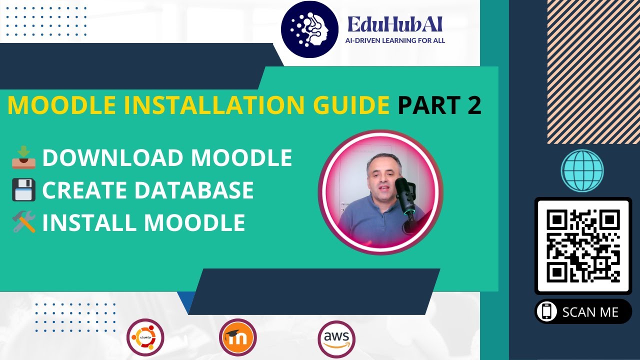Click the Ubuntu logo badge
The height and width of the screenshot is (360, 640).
point(145,337)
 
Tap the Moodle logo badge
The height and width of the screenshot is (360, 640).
point(238,337)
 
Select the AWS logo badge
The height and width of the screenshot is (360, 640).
point(336,339)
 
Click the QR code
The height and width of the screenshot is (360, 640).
point(583,246)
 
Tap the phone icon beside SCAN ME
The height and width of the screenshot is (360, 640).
point(546,311)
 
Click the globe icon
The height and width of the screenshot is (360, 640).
point(582,170)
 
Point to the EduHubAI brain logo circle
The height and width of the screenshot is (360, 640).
point(309,29)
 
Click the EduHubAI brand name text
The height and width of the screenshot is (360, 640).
point(395,24)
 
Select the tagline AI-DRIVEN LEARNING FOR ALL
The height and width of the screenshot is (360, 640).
point(395,40)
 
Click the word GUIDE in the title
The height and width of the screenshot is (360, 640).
point(351,105)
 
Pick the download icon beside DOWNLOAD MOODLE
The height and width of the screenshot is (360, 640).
point(23,157)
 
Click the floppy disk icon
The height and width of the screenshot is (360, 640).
point(23,189)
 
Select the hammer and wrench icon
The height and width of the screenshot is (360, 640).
point(24,221)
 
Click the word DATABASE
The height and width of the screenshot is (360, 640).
point(194,190)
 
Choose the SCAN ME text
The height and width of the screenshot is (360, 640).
point(590,312)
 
